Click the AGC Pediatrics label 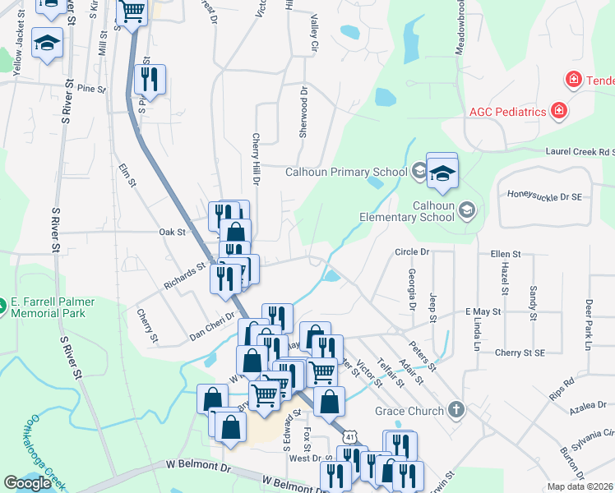pos(507,111)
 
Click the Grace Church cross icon pos(456,410)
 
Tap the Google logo pos(27,483)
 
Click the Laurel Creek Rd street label pos(580,151)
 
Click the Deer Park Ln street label pos(589,324)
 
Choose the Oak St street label pos(172,233)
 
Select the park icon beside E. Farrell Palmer pos(3,307)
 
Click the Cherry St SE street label pos(520,352)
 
